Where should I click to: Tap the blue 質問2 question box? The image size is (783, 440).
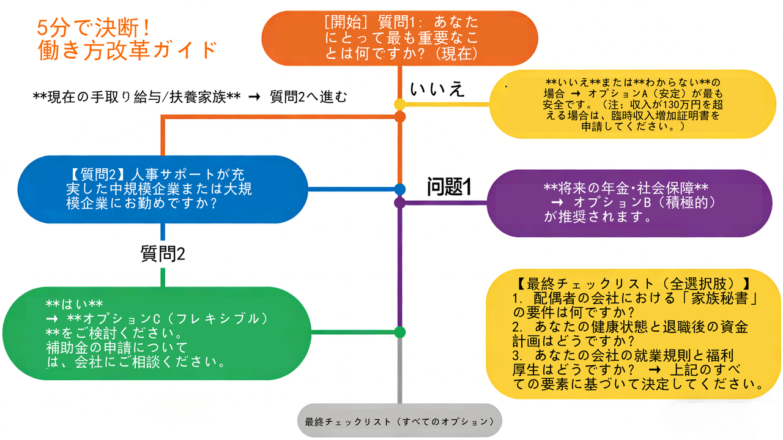coord(163,189)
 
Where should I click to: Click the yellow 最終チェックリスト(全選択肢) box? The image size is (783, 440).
coord(633,334)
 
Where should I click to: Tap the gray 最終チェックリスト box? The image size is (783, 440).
coord(399,421)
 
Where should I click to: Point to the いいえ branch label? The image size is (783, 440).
coord(437,89)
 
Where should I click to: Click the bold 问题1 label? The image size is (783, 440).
coord(448,187)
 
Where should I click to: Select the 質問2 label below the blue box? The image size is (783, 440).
coord(163,253)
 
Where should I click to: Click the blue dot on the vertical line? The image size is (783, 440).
coord(400,189)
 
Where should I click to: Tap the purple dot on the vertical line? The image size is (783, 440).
coord(400,201)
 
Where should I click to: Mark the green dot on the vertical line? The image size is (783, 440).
coord(400,332)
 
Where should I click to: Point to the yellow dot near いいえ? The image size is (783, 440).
coord(400,104)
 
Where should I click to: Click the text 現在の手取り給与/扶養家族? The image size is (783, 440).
coord(135,97)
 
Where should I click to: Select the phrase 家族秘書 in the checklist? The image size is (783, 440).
coord(728,299)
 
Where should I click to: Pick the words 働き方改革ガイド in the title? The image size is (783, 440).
coord(127,49)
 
